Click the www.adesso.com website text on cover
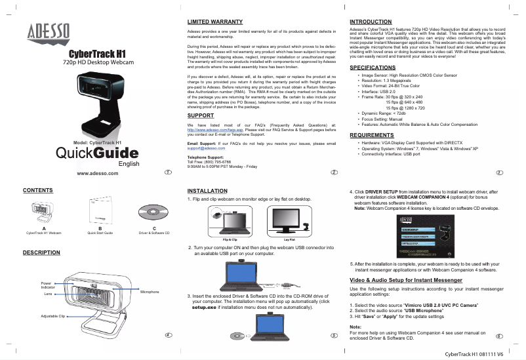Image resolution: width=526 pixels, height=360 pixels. coord(98,174)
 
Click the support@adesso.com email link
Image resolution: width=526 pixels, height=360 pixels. coord(206,148)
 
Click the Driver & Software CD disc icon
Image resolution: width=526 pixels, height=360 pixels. coord(153,211)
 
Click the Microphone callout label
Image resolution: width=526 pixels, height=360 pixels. coord(150,290)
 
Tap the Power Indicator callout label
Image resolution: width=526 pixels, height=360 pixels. coord(47,286)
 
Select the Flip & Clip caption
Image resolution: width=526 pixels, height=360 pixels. coord(230,240)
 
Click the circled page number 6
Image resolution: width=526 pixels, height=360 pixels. coord(499,336)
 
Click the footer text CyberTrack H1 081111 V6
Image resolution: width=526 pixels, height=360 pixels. coord(474,354)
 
